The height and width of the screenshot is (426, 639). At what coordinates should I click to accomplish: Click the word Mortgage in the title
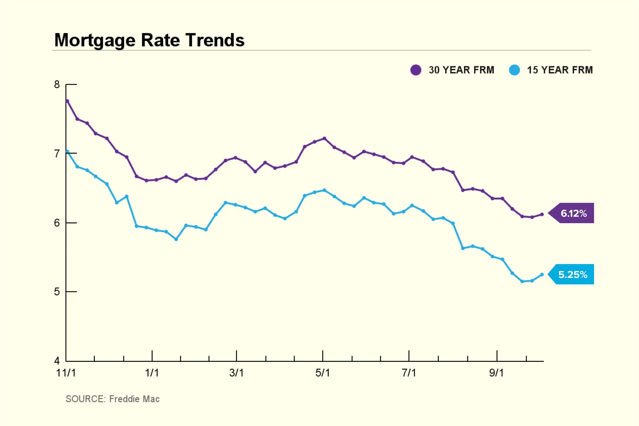click(x=95, y=40)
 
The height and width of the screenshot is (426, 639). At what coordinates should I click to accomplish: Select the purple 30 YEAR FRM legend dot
click(x=416, y=70)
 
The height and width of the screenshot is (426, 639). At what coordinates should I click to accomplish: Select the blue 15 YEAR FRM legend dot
click(x=514, y=70)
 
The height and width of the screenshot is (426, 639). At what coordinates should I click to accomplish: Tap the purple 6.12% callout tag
click(x=573, y=213)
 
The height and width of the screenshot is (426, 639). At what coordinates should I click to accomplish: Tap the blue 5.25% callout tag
click(x=573, y=274)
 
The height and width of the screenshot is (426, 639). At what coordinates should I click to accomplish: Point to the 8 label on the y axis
click(x=57, y=84)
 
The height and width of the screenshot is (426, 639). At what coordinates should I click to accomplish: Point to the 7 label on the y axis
click(x=57, y=154)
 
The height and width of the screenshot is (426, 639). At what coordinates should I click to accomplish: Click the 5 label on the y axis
click(x=57, y=292)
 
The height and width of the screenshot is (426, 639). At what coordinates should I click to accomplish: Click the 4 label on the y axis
click(x=57, y=361)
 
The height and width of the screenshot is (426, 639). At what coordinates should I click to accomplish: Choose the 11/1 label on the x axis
click(x=66, y=373)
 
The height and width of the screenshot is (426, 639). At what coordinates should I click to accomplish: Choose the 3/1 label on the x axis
click(x=236, y=373)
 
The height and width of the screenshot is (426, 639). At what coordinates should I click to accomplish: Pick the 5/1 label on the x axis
click(x=323, y=373)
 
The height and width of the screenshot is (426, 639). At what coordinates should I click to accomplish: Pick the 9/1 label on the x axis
click(x=496, y=373)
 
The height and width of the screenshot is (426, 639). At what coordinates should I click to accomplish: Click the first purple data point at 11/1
click(x=67, y=101)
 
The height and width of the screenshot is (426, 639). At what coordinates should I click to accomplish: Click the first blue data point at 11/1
click(x=67, y=152)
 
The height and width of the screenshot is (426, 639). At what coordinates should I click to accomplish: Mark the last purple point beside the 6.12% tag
click(x=542, y=214)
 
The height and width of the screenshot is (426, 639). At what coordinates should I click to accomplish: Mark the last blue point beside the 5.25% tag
click(x=542, y=275)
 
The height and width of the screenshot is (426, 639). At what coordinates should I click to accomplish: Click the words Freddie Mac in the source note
click(x=134, y=399)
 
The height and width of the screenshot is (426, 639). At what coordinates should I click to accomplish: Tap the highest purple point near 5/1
click(x=324, y=138)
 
